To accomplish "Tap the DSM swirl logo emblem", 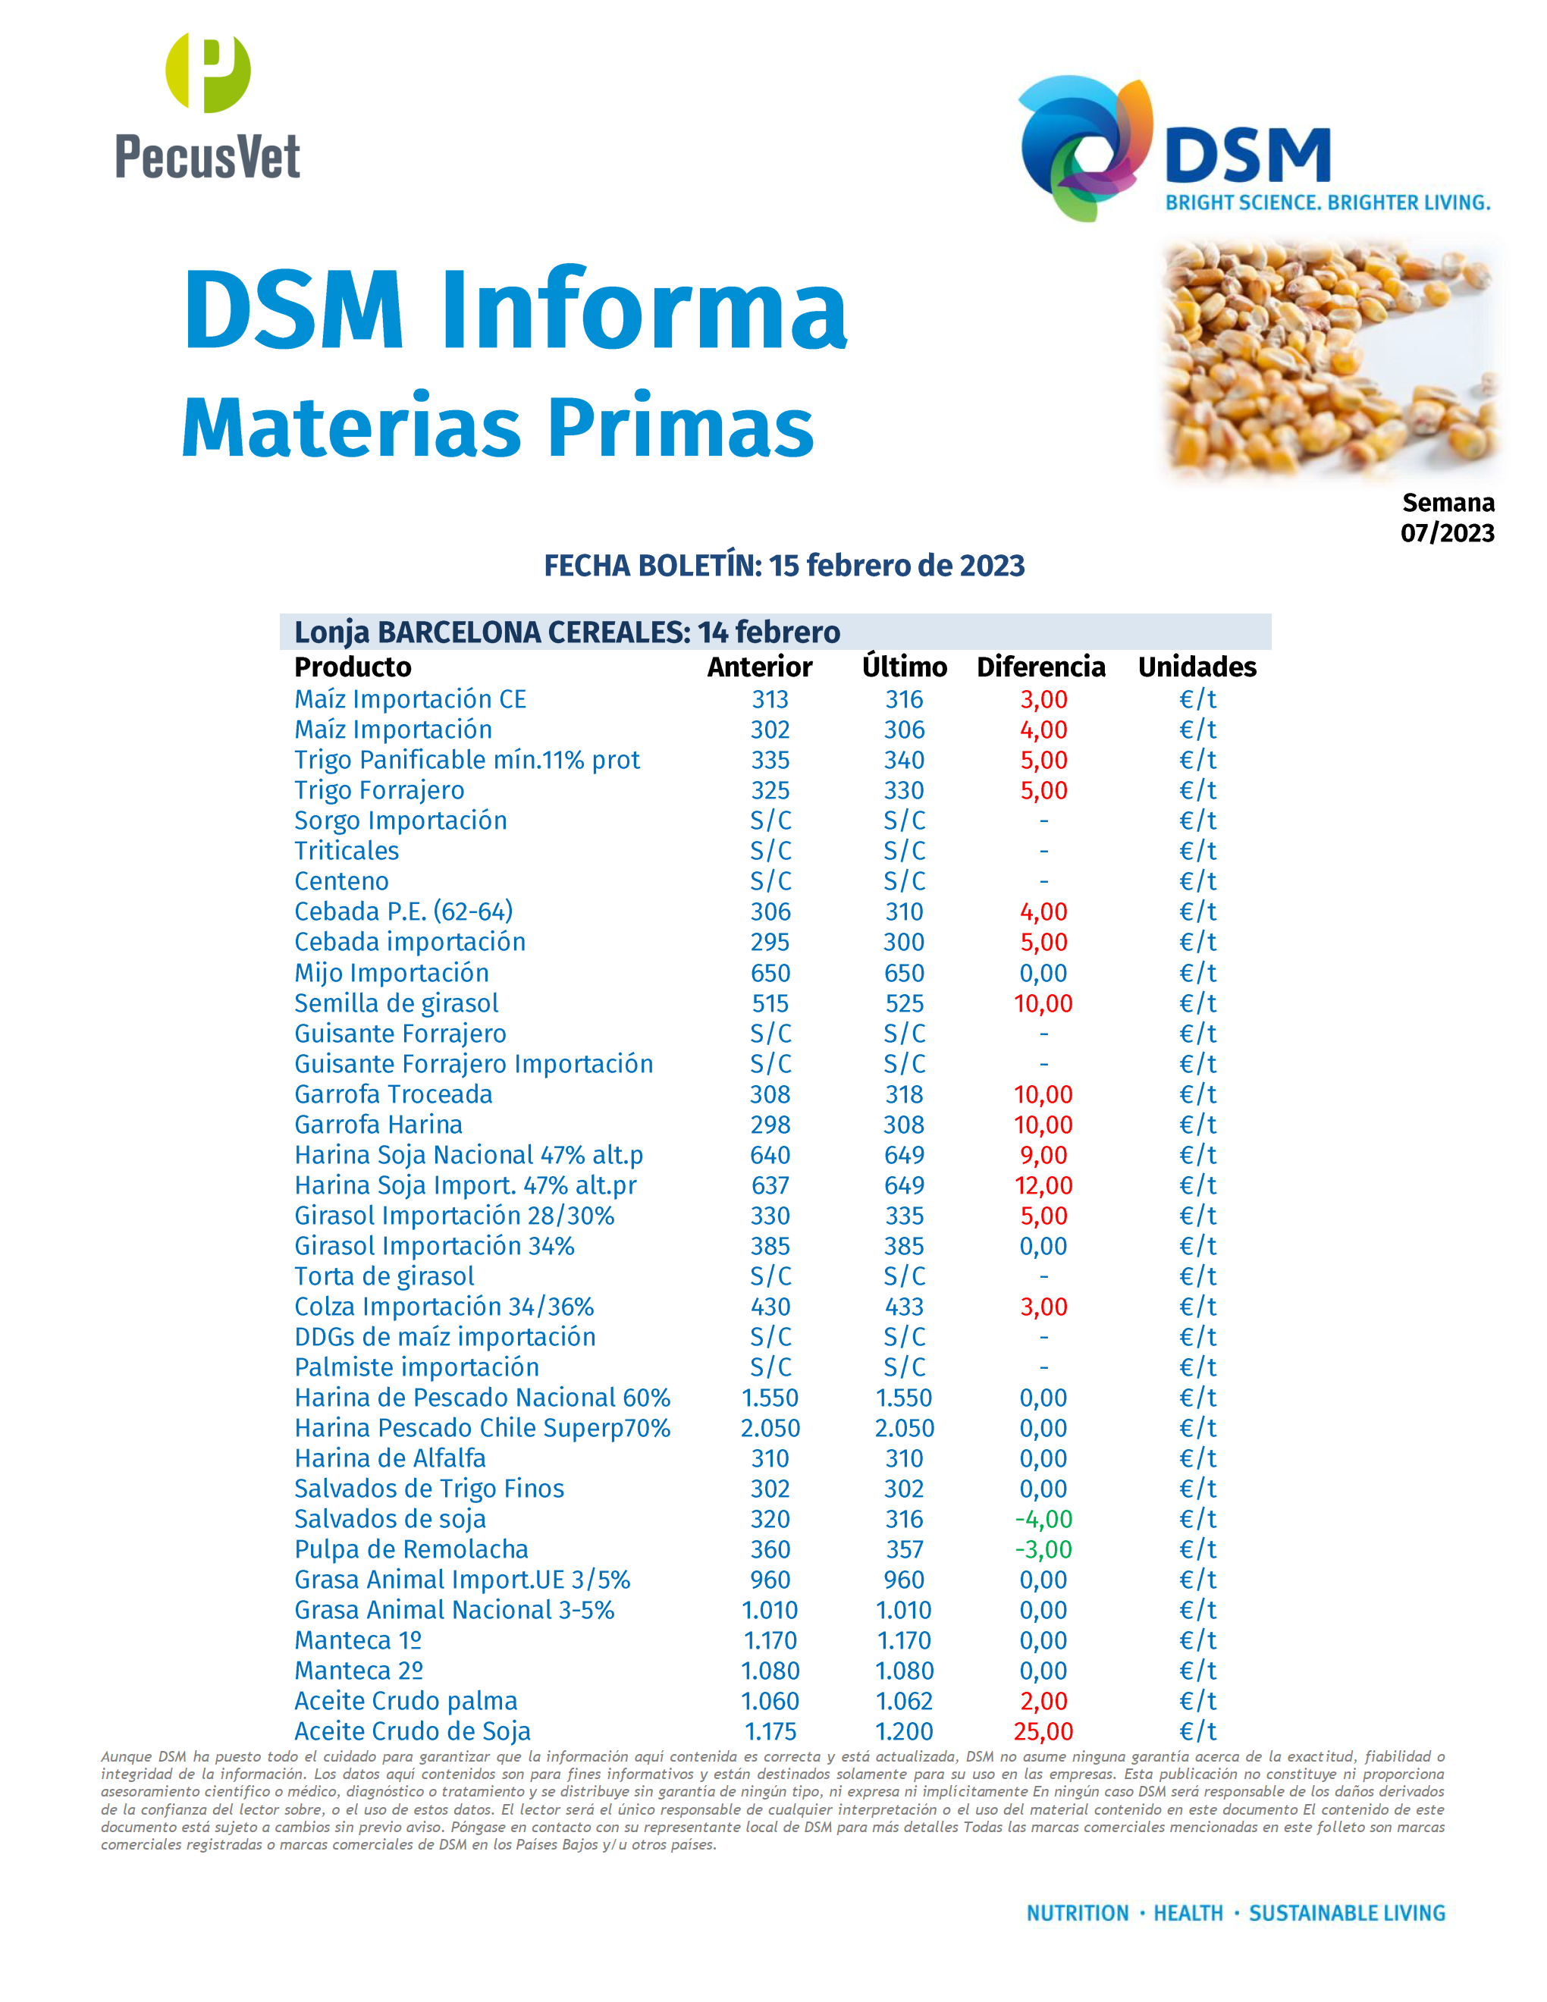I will click(1086, 146).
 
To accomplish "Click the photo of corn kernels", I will click(1329, 357).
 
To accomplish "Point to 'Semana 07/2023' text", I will click(1447, 517).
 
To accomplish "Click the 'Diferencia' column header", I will click(1041, 667).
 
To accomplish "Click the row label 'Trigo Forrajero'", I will click(378, 790).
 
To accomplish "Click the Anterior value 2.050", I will click(770, 1428).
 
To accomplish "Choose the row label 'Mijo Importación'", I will click(391, 973).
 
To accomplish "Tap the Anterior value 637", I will click(770, 1185).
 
